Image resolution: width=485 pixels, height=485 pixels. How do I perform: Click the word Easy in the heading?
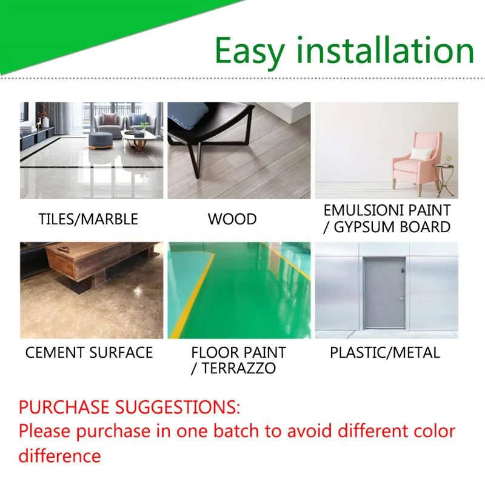click(x=250, y=51)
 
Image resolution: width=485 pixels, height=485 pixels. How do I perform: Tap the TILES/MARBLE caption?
click(x=89, y=219)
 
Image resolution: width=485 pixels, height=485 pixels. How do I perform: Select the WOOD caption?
click(x=232, y=219)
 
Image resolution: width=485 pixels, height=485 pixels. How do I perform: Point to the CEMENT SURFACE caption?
click(x=89, y=352)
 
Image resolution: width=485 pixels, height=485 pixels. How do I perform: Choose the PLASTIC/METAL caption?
click(x=385, y=352)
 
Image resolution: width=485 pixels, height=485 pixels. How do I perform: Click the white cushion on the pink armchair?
click(x=420, y=153)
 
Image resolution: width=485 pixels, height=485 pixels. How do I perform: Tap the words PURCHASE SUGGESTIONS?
click(x=129, y=406)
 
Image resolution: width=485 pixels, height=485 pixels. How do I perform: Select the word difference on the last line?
click(x=59, y=456)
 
